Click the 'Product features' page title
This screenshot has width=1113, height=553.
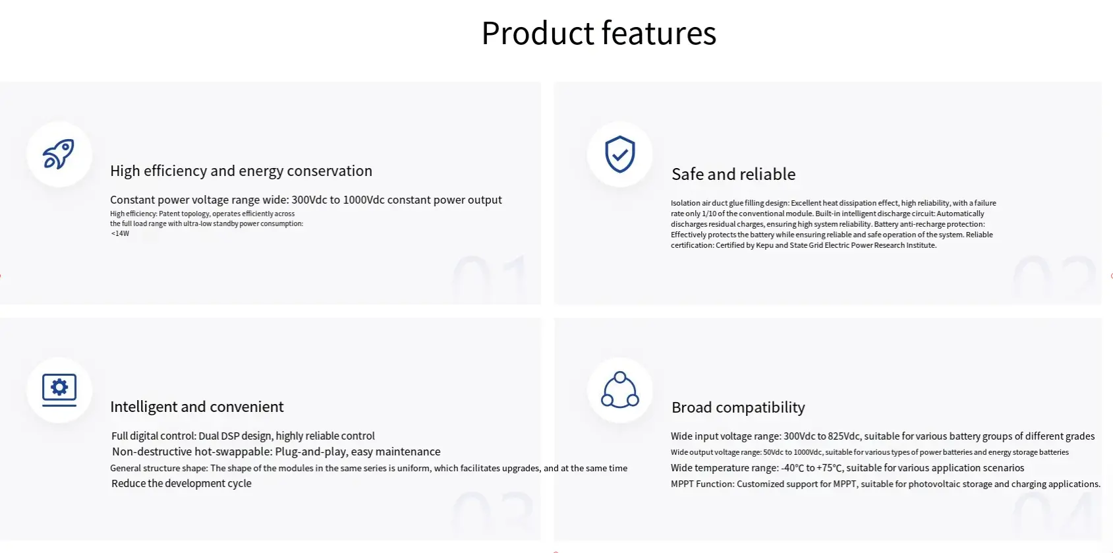tap(599, 34)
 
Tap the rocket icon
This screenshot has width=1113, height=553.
tap(59, 154)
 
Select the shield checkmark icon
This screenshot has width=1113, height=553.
tap(619, 154)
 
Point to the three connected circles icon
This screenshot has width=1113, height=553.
tap(619, 390)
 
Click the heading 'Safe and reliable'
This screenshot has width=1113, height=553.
tap(733, 175)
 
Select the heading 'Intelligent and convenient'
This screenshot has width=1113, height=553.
tap(197, 407)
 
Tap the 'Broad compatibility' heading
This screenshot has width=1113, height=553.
tap(738, 407)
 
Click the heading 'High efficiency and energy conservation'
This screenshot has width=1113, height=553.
tap(241, 171)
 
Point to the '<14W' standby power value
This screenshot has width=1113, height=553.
tap(120, 233)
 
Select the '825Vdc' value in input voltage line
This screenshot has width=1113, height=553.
tap(843, 436)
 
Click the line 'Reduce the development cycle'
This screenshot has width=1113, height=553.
tap(181, 483)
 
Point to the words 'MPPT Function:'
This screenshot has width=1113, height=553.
tap(702, 484)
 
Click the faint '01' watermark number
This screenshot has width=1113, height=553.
tap(490, 277)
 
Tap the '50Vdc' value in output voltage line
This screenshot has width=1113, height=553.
tap(773, 452)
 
